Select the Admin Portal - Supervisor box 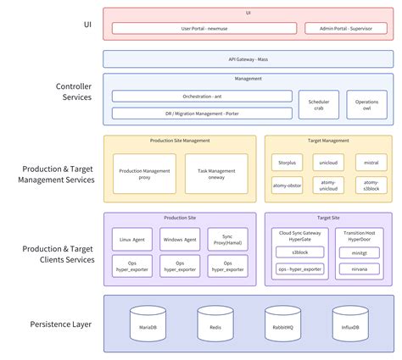[x=346, y=28]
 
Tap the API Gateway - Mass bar [x=248, y=59]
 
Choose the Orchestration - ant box [x=202, y=97]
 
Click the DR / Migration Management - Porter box [x=202, y=113]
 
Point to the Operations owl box [x=366, y=104]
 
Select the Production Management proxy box [x=145, y=174]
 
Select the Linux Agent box [x=132, y=241]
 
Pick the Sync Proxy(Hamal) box [x=228, y=241]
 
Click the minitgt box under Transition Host [x=360, y=253]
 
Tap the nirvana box [x=360, y=269]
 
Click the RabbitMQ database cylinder [x=282, y=324]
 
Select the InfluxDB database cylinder [x=349, y=324]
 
